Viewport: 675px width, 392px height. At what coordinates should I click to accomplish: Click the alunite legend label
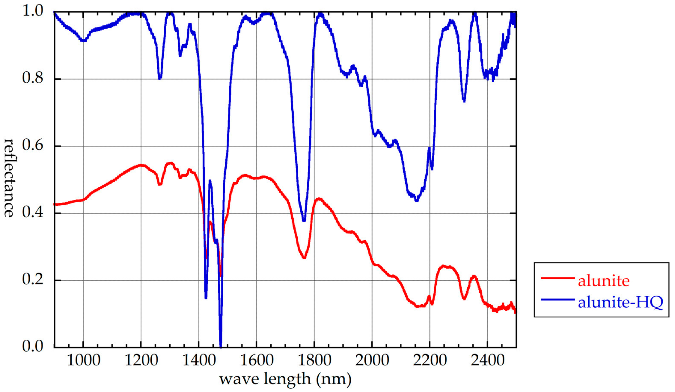coord(604,281)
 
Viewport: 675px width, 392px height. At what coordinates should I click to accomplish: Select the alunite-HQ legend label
coord(620,302)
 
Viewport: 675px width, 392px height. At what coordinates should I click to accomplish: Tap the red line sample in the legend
coord(558,278)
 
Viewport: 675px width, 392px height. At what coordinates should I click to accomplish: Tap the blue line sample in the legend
coord(558,299)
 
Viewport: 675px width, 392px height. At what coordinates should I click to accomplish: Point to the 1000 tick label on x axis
coord(83,360)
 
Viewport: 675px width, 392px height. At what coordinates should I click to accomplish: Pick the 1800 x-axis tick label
coord(314,360)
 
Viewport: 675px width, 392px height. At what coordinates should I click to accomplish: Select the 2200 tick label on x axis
coord(430,360)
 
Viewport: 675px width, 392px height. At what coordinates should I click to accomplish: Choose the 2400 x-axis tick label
coord(487,360)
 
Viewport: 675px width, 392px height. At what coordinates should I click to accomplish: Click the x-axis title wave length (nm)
coord(285,379)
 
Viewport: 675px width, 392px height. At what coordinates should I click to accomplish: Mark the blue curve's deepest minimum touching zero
coord(221,347)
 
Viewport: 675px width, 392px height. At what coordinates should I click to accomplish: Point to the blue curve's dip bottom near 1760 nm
coord(304,220)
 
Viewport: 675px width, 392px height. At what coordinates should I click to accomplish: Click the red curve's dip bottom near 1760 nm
coord(304,257)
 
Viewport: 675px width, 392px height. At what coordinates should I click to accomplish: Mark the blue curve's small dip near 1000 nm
coord(84,41)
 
